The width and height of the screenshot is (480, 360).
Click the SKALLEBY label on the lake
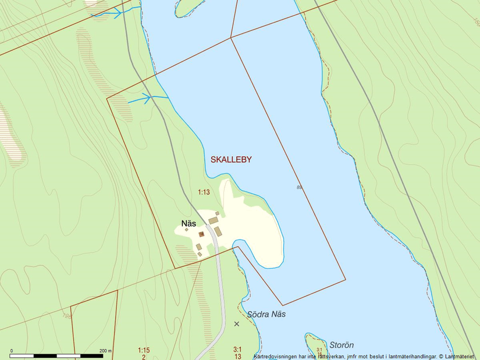tap(231, 159)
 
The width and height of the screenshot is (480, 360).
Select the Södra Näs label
tap(266, 314)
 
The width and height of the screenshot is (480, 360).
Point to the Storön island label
tap(342, 345)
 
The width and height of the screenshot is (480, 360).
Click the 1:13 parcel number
tap(204, 192)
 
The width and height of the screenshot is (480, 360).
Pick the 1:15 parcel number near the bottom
tap(144, 350)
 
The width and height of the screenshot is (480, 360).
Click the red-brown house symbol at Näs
tap(201, 234)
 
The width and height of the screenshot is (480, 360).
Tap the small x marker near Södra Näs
tap(236, 324)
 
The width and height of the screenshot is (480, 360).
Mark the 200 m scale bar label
tap(105, 351)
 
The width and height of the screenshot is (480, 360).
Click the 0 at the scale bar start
tap(12, 351)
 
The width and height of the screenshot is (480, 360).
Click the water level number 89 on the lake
tap(299, 187)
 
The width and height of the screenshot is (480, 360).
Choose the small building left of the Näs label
tap(187, 230)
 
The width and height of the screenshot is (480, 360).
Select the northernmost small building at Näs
tap(218, 214)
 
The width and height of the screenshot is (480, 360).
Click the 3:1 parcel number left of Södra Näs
tap(237, 350)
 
